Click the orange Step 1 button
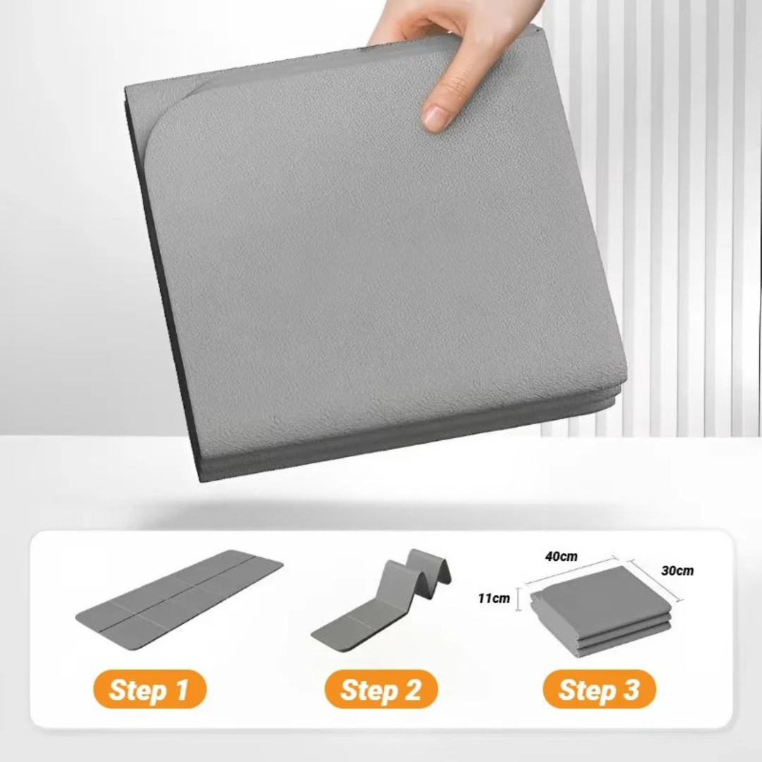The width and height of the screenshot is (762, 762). [x=150, y=689]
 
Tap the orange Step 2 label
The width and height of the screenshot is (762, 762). [x=381, y=689]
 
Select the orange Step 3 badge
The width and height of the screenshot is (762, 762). [x=599, y=689]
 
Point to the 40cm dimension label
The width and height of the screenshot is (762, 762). [x=562, y=556]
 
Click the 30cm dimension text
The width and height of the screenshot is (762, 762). [x=677, y=571]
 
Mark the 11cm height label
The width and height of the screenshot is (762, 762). [x=494, y=598]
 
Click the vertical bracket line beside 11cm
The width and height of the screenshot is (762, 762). [x=518, y=598]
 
